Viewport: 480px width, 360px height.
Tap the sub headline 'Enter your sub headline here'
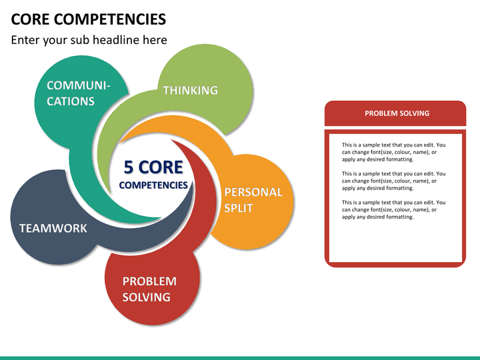coord(89,40)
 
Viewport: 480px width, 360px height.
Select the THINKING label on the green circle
coord(191,90)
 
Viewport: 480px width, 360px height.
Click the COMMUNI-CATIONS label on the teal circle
coord(78,93)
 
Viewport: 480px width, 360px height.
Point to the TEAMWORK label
coord(53,228)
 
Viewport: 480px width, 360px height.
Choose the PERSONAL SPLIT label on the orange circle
coord(253,200)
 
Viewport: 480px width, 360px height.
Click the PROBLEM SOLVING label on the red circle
coord(149,289)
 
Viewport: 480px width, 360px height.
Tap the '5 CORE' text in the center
coord(153,167)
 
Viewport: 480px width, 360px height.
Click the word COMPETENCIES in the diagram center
coord(153,185)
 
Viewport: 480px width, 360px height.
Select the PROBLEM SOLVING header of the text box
coord(397,113)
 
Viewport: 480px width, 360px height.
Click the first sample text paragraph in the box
coord(393,152)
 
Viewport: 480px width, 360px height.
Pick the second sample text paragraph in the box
coord(393,181)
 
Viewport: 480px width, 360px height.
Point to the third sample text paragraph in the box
coord(393,209)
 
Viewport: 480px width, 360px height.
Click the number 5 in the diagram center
coord(129,167)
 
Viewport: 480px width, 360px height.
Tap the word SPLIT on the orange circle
coord(239,208)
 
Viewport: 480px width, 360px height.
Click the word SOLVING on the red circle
coord(146,297)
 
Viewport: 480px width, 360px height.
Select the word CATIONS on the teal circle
coord(71,101)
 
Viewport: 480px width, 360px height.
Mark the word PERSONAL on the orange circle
coord(253,192)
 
